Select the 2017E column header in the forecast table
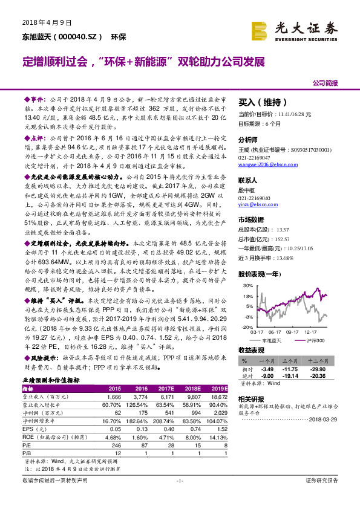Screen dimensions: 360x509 click(x=166, y=388)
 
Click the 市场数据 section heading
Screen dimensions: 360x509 click(x=251, y=219)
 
